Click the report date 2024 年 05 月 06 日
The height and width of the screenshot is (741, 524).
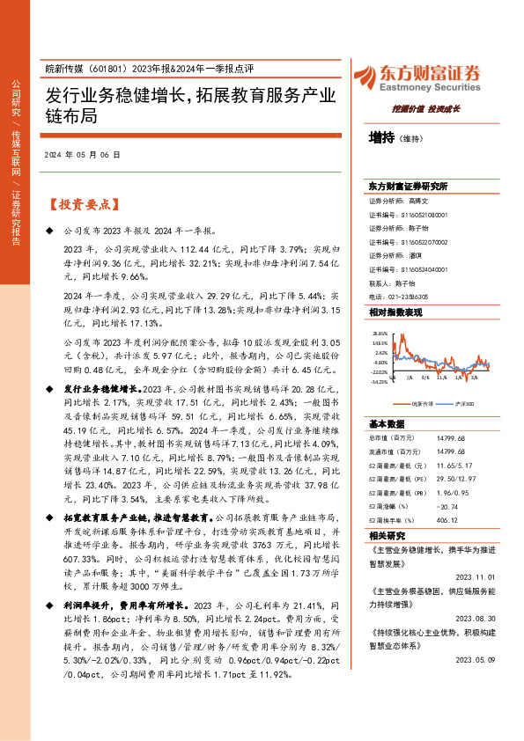82,155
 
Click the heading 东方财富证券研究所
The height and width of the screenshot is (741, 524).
409,187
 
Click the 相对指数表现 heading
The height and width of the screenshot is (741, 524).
395,312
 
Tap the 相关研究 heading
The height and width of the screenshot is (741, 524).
386,535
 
